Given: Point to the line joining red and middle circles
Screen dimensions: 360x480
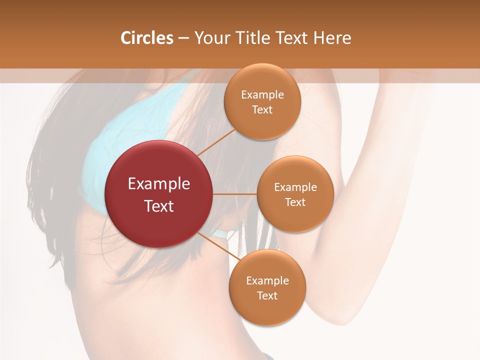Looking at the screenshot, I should tap(235, 194).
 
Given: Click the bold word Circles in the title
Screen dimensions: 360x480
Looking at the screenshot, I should tap(147, 38).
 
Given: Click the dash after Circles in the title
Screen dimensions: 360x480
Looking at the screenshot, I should tap(183, 38).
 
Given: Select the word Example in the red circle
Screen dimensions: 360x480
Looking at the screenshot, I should tap(159, 184).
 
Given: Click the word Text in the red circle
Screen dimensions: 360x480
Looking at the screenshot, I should tap(159, 206).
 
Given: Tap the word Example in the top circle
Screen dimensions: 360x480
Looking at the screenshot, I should tap(262, 94).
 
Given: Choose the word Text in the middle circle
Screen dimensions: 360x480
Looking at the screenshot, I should tap(295, 202).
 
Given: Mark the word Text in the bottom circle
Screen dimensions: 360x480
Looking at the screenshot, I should tap(267, 295).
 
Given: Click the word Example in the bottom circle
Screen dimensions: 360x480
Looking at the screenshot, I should tap(267, 280).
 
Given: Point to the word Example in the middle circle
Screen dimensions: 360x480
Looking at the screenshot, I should tap(295, 187).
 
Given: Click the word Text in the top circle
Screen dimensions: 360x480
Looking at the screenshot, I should tap(262, 109).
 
